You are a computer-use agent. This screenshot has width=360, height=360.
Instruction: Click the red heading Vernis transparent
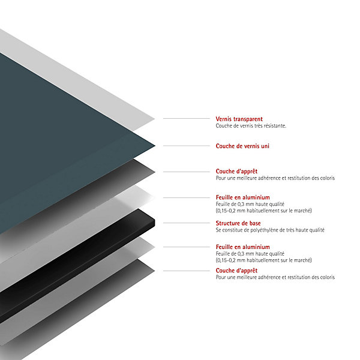(x=239, y=119)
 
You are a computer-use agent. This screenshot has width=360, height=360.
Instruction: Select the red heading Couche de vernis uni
(x=242, y=146)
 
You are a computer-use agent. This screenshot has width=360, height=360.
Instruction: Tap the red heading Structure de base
(x=238, y=223)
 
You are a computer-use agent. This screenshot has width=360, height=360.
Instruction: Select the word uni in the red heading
(x=265, y=146)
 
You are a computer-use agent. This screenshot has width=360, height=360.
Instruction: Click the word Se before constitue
(x=218, y=230)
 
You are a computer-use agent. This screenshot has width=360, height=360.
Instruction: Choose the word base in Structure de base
(x=255, y=223)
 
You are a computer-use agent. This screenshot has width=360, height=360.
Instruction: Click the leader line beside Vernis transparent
(x=187, y=118)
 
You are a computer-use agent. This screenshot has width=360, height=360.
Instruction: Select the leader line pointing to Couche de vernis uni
(x=187, y=146)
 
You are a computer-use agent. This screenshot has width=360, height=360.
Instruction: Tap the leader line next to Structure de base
(x=187, y=223)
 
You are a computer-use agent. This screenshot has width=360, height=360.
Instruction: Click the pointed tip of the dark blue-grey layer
(x=155, y=145)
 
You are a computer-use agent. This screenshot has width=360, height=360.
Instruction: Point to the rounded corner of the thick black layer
(x=154, y=221)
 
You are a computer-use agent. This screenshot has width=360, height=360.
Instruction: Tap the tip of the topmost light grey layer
(x=155, y=119)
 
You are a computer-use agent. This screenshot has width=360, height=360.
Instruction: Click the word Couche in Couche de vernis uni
(x=225, y=146)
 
